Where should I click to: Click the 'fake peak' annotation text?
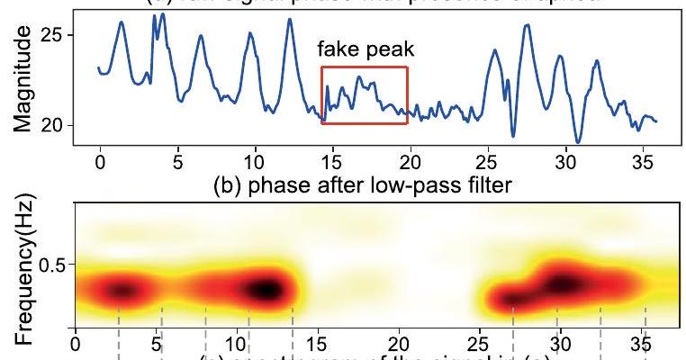click(365, 52)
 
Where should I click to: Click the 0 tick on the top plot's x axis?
click(99, 159)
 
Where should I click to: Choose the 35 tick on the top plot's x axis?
click(645, 159)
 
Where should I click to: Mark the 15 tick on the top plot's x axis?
click(333, 159)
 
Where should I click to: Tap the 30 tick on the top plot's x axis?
click(566, 159)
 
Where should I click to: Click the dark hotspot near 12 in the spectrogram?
click(266, 290)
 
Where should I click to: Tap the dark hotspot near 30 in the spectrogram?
click(563, 283)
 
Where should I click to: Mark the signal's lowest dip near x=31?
click(578, 141)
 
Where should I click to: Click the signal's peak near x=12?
click(290, 19)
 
